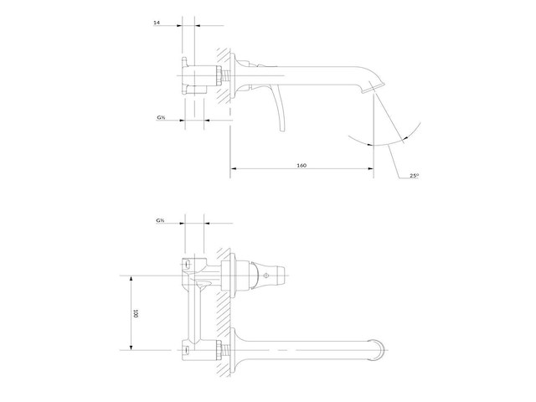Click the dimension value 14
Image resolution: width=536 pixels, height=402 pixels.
[x=157, y=23]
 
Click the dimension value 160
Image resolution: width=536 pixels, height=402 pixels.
[x=301, y=166]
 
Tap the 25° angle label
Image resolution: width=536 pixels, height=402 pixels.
[x=414, y=176]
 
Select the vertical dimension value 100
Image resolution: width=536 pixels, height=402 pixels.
[x=136, y=313]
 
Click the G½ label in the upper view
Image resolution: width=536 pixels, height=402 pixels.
[x=161, y=117]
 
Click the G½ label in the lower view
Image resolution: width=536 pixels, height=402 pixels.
[x=160, y=220]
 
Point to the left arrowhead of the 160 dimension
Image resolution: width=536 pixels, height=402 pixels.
[x=234, y=168]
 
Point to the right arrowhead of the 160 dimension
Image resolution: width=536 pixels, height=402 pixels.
[x=370, y=168]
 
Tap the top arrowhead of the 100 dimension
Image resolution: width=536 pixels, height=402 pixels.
[x=131, y=279]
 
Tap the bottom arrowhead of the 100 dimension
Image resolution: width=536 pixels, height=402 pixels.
[x=131, y=347]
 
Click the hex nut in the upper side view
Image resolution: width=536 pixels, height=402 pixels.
[x=218, y=76]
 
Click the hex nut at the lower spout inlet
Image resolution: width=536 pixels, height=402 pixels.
[x=218, y=350]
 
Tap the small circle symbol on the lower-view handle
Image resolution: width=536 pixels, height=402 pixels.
[x=265, y=276]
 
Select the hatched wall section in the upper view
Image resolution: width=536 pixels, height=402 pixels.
[x=224, y=76]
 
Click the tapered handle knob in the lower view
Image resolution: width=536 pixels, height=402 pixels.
[x=268, y=276]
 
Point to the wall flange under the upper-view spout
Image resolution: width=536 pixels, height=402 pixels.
[x=234, y=76]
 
